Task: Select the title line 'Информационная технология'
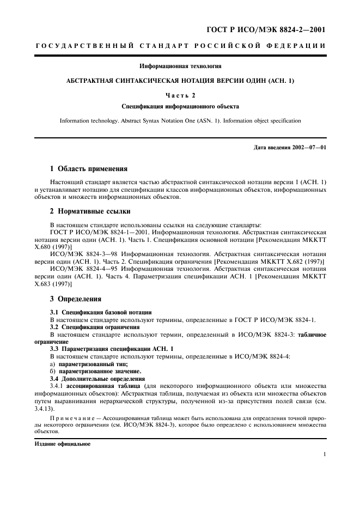pyautogui.click(x=180, y=66)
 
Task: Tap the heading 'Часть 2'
pyautogui.click(x=180, y=95)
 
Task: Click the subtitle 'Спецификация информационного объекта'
pyautogui.click(x=180, y=106)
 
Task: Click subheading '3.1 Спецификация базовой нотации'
pyautogui.click(x=101, y=312)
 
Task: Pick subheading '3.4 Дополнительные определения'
pyautogui.click(x=97, y=377)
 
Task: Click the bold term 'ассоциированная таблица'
pyautogui.click(x=100, y=385)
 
